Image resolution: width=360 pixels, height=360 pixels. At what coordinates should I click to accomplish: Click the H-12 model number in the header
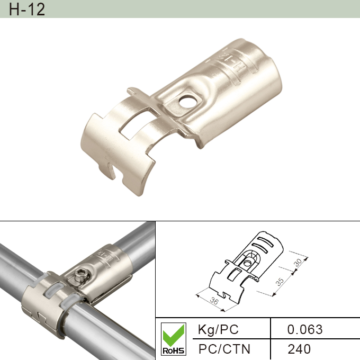(x=27, y=10)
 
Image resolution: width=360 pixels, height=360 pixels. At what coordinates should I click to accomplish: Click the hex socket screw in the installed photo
(x=81, y=275)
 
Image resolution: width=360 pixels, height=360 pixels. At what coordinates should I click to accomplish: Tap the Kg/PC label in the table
(x=218, y=329)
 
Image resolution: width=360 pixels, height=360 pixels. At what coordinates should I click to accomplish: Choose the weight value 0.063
(x=304, y=329)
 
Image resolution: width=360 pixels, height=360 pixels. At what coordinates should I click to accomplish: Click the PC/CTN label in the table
(x=224, y=349)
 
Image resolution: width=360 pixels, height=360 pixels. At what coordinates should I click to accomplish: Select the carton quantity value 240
(x=299, y=349)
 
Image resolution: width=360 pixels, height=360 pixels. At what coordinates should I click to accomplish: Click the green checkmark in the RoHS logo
(x=173, y=333)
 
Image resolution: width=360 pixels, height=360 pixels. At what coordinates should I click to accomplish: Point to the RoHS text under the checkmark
(x=173, y=350)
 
